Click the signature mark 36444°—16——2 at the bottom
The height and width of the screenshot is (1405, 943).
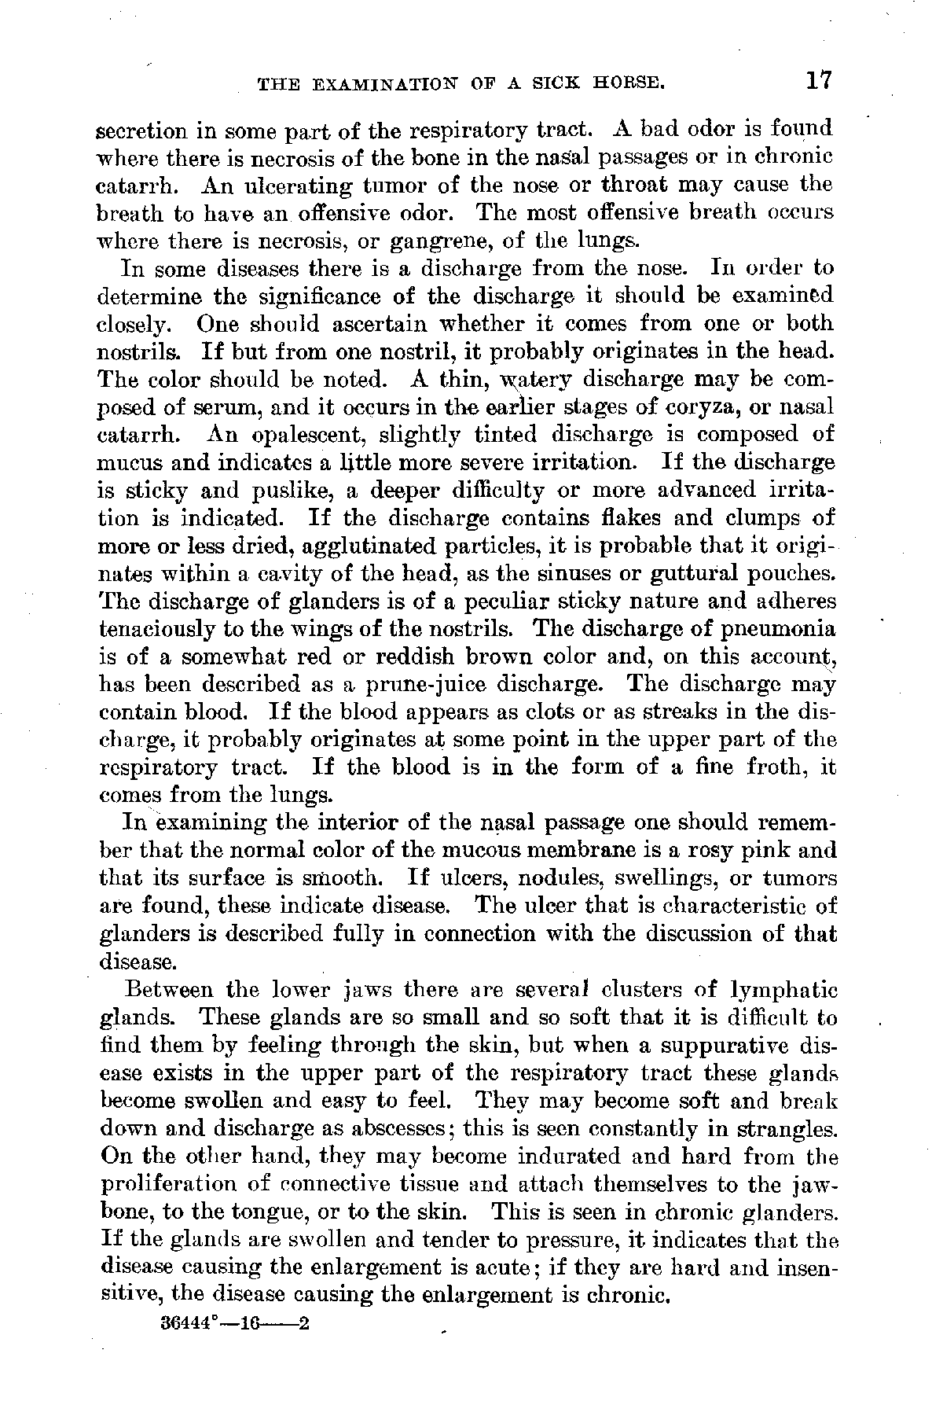point(236,1322)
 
